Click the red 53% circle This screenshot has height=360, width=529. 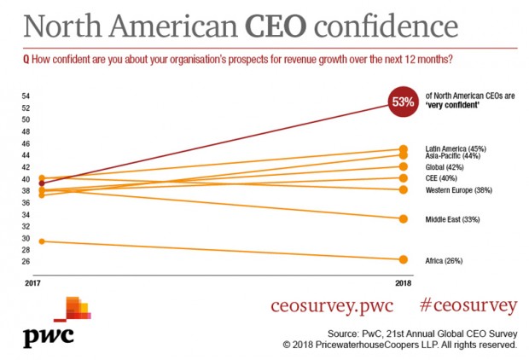(403, 102)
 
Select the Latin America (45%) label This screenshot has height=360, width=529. (456, 148)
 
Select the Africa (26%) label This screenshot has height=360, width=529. (444, 260)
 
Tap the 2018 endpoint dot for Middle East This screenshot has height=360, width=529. (403, 218)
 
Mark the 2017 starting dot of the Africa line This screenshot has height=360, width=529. (43, 241)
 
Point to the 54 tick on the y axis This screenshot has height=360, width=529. (26, 96)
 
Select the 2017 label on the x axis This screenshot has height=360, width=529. (32, 281)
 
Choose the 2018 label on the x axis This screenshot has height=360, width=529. (403, 281)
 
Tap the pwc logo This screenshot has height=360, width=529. (55, 323)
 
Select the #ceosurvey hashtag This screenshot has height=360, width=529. (468, 305)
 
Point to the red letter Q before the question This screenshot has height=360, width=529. (26, 60)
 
